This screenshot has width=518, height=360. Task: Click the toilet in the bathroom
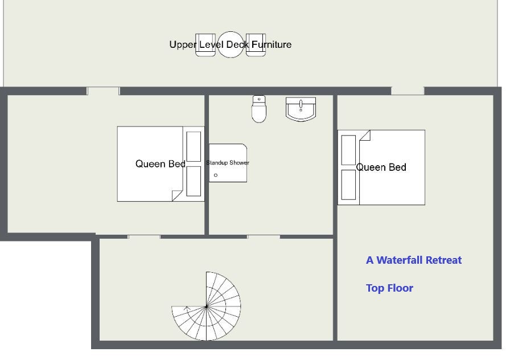(x=258, y=109)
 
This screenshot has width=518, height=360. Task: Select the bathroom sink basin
(x=301, y=109)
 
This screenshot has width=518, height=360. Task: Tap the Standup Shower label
(x=228, y=163)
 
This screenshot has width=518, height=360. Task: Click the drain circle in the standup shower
(x=216, y=175)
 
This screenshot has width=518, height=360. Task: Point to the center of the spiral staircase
(x=207, y=307)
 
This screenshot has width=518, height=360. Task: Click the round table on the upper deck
(x=231, y=44)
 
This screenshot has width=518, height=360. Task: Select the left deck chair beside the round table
(x=205, y=45)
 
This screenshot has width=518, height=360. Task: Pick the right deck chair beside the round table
(x=256, y=45)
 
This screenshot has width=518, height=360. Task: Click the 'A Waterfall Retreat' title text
(x=414, y=260)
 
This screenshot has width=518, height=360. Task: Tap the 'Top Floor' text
(x=389, y=288)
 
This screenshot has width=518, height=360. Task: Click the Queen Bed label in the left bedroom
(x=161, y=163)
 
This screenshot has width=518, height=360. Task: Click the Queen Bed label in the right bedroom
(x=381, y=167)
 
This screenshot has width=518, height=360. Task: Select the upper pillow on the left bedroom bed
(x=194, y=146)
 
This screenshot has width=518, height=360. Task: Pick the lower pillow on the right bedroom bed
(x=348, y=185)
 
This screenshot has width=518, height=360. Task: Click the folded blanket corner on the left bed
(x=177, y=195)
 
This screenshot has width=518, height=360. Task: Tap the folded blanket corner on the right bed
(x=365, y=136)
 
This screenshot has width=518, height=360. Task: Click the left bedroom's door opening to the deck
(x=103, y=91)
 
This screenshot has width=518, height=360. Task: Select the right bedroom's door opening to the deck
(x=408, y=91)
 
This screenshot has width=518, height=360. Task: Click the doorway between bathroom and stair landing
(x=264, y=237)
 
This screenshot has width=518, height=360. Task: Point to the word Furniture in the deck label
(x=272, y=44)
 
